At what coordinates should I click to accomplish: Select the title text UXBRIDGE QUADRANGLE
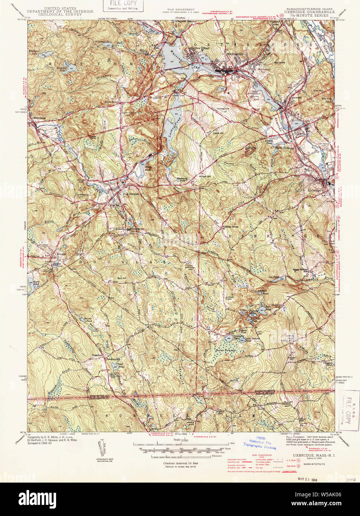pos(309,12)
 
